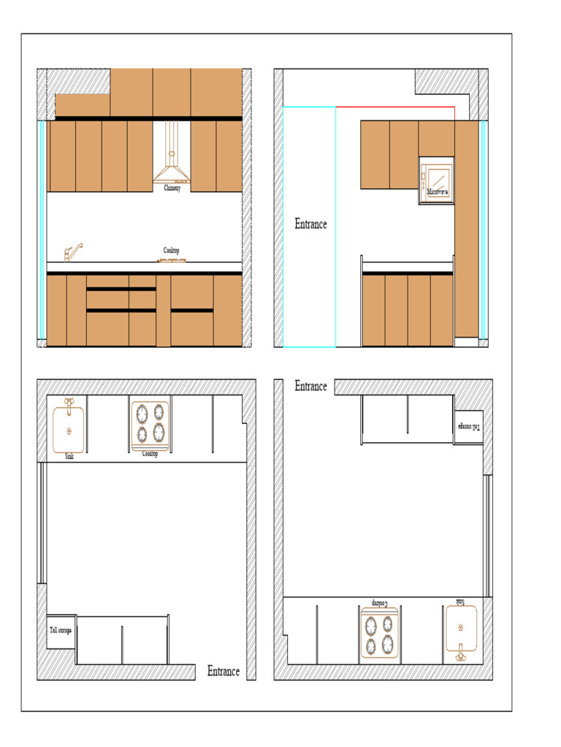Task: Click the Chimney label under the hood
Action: pos(172,188)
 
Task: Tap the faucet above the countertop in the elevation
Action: pos(72,252)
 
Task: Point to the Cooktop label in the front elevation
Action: pos(171,250)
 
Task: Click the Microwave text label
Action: pos(437,192)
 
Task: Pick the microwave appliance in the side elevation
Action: pos(436,180)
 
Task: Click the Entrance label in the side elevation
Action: pos(310,224)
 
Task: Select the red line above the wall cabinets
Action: pos(395,107)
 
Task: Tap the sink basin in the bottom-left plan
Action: pos(69,430)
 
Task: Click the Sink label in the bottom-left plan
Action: pos(69,457)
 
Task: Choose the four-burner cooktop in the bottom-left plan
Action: pos(150,424)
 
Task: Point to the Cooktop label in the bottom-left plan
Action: pos(150,454)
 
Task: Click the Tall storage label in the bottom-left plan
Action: pos(61,630)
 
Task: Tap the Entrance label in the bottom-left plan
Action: pos(223,671)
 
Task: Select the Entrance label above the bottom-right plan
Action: pos(310,386)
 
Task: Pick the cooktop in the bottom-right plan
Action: pos(380,635)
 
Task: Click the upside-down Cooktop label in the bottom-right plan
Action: pos(380,603)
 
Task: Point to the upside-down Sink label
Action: pos(459,602)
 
